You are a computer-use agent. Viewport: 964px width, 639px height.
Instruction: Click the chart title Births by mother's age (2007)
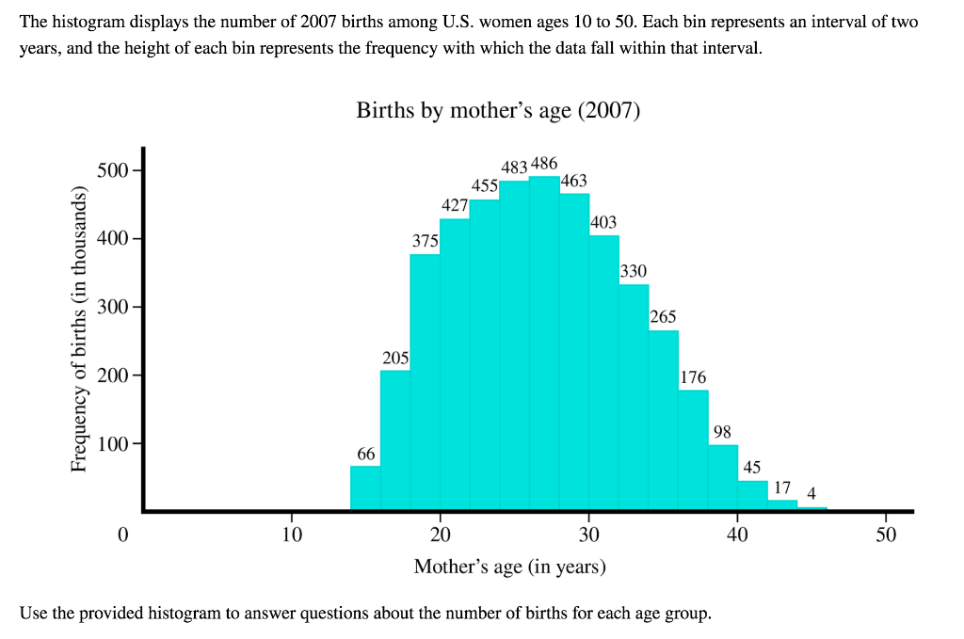497,111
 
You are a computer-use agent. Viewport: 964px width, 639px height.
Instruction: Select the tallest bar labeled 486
544,343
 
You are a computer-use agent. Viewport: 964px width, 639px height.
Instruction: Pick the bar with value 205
395,439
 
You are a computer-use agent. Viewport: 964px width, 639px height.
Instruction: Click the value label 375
426,242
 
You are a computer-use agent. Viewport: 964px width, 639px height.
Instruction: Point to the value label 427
455,205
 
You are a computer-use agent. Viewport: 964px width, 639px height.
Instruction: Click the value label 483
514,167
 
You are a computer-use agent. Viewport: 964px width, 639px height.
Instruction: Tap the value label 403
603,222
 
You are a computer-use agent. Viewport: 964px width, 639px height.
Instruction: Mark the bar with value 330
634,396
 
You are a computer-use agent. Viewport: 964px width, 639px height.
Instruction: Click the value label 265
663,316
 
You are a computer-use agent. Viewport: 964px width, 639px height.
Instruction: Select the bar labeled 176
693,449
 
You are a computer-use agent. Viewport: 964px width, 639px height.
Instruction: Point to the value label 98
722,432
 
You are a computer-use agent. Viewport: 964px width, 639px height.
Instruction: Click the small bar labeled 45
752,495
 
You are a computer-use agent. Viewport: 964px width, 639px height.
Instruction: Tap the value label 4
811,493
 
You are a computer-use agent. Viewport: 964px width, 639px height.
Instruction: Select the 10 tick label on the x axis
292,535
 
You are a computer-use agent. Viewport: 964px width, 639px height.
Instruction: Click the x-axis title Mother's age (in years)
510,567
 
